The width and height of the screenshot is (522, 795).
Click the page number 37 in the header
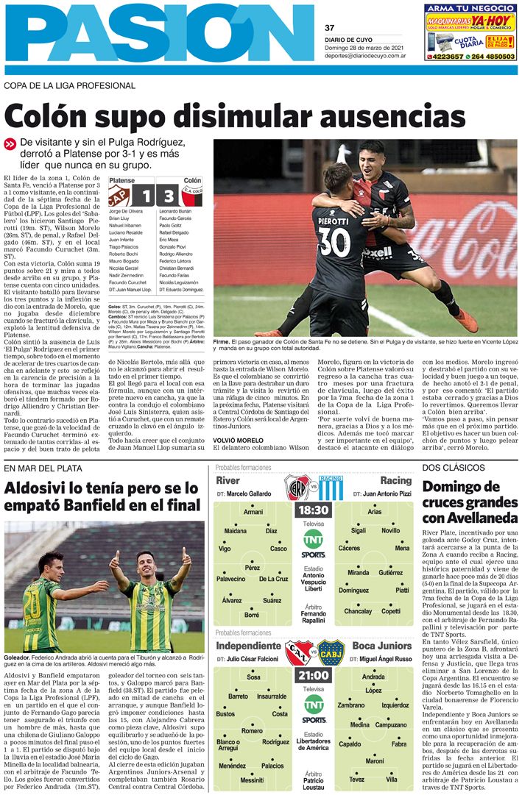point(329,28)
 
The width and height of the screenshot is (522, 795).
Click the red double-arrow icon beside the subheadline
point(10,144)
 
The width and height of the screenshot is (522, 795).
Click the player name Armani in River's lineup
point(253,512)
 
